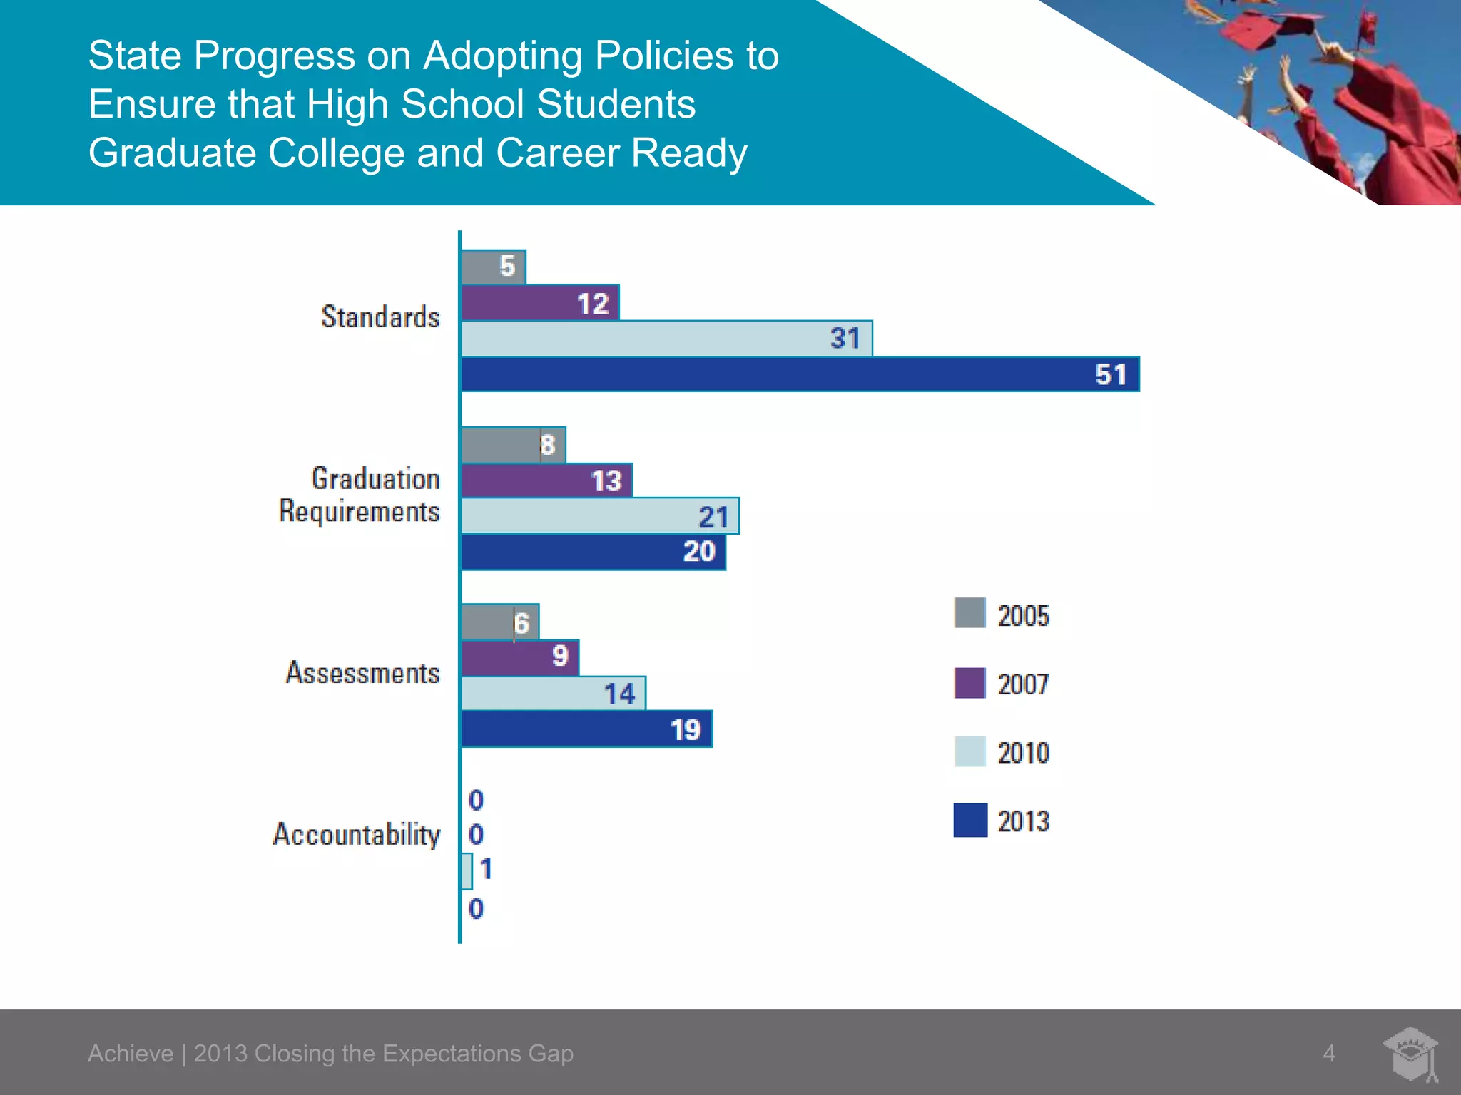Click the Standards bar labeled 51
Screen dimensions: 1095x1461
[799, 374]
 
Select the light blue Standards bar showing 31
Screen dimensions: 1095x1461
[666, 339]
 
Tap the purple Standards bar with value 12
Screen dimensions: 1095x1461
[540, 303]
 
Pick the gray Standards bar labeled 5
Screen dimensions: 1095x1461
[493, 267]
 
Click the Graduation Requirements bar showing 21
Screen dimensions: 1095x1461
[599, 515]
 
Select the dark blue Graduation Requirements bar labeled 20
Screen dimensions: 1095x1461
[593, 552]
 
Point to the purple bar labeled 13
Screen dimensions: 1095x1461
[546, 480]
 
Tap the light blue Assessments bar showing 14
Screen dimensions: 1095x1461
[553, 693]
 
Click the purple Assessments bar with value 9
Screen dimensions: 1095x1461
[520, 657]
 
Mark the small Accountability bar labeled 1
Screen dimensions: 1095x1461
[467, 870]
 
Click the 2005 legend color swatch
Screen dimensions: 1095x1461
[969, 613]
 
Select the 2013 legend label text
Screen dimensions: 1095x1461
[1023, 821]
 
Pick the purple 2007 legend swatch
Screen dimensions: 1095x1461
[969, 683]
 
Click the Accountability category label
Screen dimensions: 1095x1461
[357, 834]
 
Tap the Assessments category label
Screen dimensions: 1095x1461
[362, 673]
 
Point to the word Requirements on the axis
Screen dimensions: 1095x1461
[359, 512]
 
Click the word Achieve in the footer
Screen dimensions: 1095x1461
[131, 1053]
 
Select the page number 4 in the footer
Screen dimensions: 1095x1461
[1328, 1053]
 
